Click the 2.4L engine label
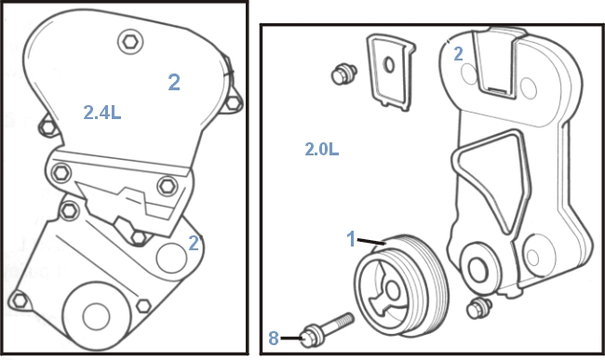[102, 113]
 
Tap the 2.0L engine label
[322, 149]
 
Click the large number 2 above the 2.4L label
[174, 82]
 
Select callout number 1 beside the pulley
[351, 239]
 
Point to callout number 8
[273, 339]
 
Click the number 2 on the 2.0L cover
[458, 54]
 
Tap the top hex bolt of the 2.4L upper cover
[130, 42]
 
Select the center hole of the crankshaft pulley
[393, 290]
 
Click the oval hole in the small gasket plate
[389, 65]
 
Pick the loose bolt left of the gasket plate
[343, 74]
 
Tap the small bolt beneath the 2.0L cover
[478, 308]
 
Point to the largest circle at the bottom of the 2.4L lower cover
[96, 317]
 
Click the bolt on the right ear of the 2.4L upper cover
[234, 103]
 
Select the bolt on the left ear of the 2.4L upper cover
[48, 127]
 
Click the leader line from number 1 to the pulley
[371, 241]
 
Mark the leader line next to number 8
[291, 339]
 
